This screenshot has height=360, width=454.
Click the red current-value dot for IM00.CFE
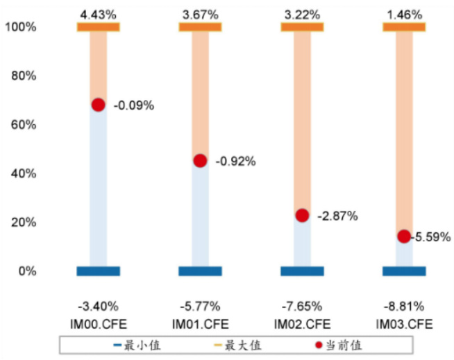pos(98,105)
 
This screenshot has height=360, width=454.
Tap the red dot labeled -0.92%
pos(200,161)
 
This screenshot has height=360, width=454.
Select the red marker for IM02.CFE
pos(302,216)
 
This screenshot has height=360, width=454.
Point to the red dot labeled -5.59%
pos(404,237)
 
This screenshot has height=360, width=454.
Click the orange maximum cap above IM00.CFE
pos(98,27)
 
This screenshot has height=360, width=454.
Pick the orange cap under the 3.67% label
pos(200,27)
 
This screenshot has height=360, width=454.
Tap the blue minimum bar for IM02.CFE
pos(302,271)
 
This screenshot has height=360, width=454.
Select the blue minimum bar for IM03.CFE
pos(404,271)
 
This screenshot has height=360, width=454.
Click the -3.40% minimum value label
pos(98,306)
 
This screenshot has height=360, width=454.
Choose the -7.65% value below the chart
pos(302,306)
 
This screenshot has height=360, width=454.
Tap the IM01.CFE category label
pos(200,323)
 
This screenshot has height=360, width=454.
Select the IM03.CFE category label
pos(404,323)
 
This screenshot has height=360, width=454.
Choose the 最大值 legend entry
pos(239,345)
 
